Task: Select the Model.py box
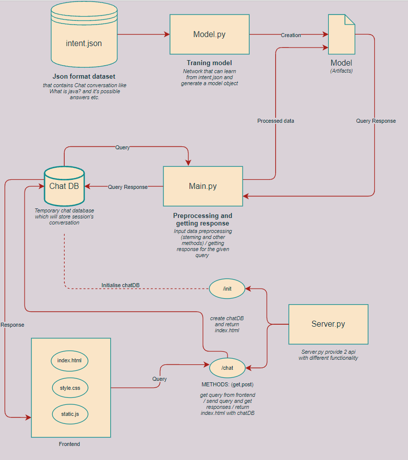(210, 34)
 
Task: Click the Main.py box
(202, 186)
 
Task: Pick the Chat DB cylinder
(64, 186)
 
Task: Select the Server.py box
(328, 324)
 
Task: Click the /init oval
(227, 289)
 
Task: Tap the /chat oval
(227, 368)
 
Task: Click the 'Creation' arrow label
(291, 35)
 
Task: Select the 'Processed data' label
(276, 121)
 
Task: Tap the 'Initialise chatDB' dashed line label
(120, 285)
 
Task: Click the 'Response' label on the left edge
(12, 325)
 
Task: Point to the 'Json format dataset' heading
(84, 77)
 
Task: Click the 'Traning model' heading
(209, 63)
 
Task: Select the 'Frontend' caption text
(69, 444)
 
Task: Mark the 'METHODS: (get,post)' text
(228, 384)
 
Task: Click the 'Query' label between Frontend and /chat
(159, 379)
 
